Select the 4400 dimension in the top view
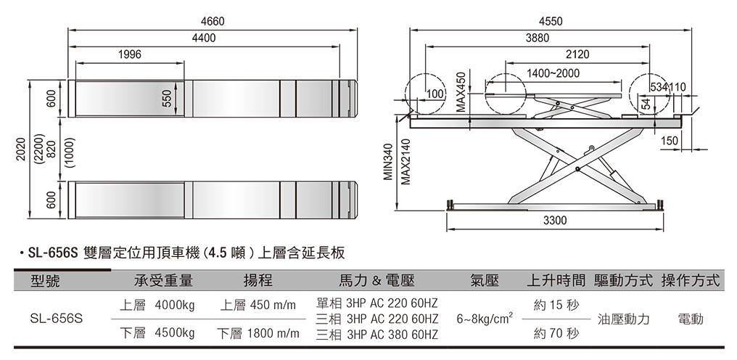(x=204, y=38)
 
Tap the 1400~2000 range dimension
(x=553, y=73)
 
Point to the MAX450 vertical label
(x=459, y=91)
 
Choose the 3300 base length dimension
(x=555, y=219)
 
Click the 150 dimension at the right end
(x=670, y=140)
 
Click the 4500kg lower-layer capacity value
(x=174, y=334)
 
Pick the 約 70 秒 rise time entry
(x=556, y=334)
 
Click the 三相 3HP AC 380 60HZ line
(x=377, y=335)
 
